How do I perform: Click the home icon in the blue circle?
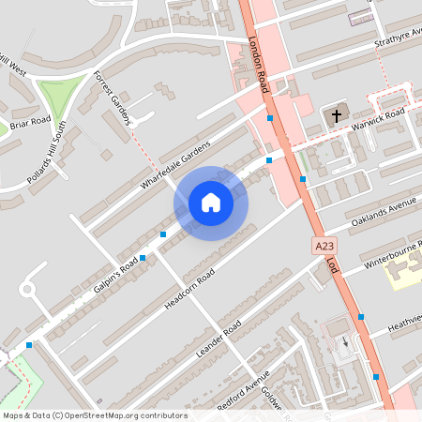click(x=211, y=203)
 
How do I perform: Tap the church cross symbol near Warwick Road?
click(x=335, y=116)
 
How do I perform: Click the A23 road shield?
click(x=324, y=245)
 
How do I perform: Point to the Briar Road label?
click(x=30, y=122)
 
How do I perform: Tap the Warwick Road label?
click(x=384, y=119)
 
